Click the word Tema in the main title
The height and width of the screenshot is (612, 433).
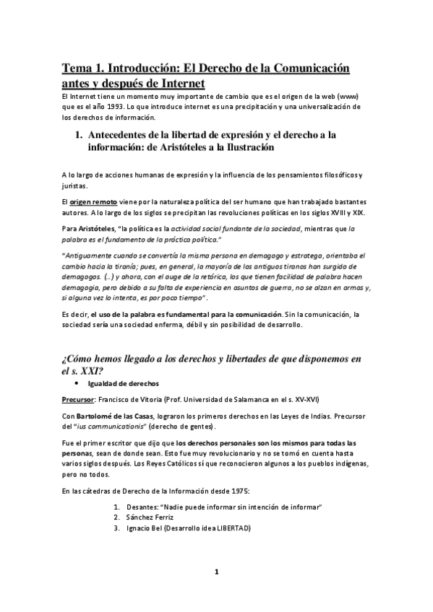(75, 69)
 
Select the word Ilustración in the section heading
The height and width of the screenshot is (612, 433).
(242, 147)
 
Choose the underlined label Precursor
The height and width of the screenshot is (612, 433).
(79, 398)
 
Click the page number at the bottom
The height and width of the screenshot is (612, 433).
(215, 572)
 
